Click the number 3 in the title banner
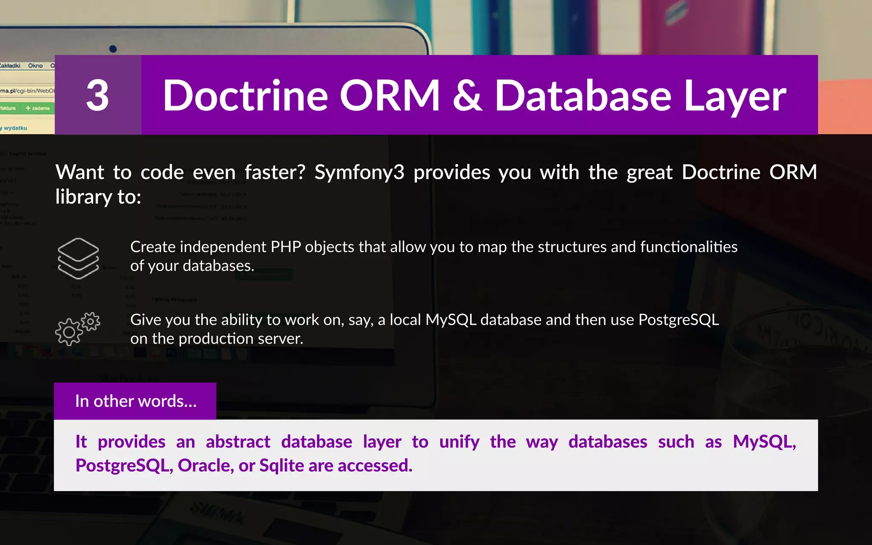tap(98, 95)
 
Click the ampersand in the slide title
tap(467, 96)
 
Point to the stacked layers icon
tap(78, 258)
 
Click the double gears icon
tap(77, 329)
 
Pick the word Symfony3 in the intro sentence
tap(359, 172)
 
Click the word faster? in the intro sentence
tap(275, 172)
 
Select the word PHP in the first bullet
tap(286, 247)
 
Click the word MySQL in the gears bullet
tap(450, 320)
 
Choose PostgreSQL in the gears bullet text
tap(679, 320)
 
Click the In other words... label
tap(135, 401)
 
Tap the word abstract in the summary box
tap(238, 442)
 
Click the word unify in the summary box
tap(459, 442)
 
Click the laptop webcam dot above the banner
tap(113, 49)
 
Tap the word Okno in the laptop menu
tap(35, 66)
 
